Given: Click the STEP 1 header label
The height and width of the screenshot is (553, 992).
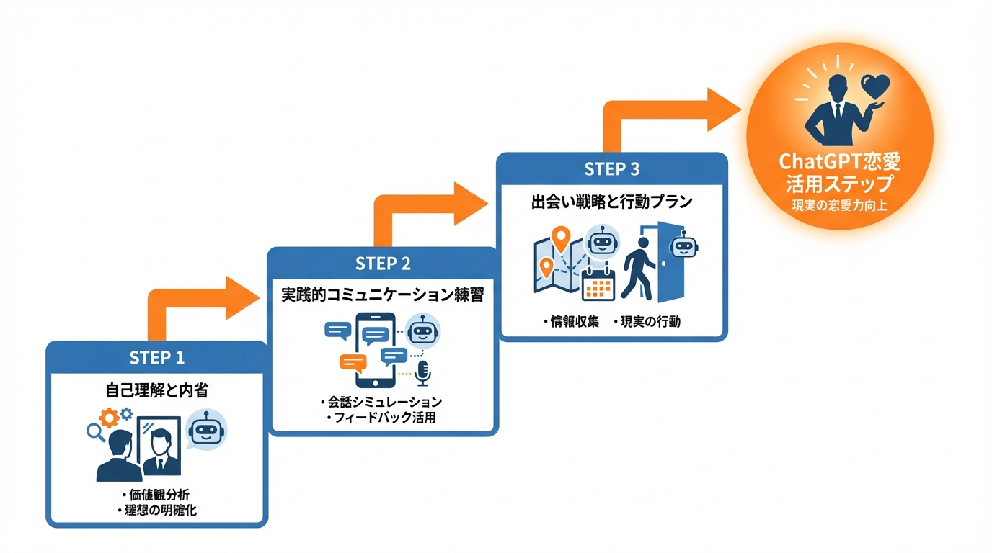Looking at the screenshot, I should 156,358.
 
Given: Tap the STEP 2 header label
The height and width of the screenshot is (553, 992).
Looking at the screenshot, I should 383,264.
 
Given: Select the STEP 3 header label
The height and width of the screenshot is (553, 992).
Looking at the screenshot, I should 612,169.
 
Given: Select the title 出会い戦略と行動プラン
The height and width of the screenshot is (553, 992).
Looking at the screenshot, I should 612,202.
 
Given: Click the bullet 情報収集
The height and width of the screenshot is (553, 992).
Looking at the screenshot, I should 572,322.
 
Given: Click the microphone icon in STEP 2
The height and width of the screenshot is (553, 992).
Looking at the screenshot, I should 423,373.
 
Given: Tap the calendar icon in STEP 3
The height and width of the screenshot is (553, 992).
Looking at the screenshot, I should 598,284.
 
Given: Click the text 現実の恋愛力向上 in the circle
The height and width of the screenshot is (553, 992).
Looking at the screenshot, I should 839,205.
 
